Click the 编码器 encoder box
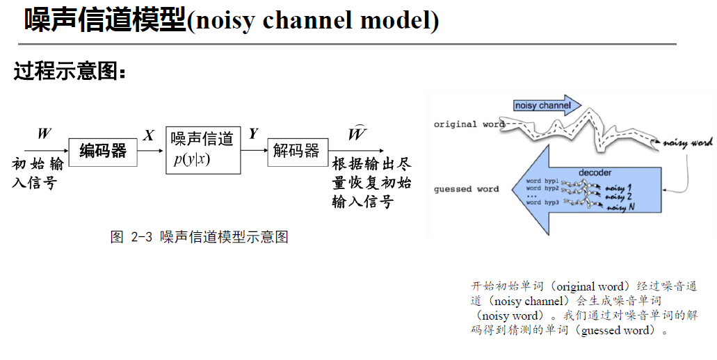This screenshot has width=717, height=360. [x=102, y=151]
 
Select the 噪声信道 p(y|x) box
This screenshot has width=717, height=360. [x=203, y=150]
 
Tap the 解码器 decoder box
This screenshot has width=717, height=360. [x=297, y=151]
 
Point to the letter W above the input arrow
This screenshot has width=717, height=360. [x=44, y=133]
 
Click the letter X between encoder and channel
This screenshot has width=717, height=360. [x=149, y=136]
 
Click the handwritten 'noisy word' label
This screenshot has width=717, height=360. [x=688, y=142]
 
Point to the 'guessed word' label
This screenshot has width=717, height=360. [x=466, y=189]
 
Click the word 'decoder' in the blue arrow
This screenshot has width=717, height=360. [x=595, y=172]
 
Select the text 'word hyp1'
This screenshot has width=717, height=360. [x=542, y=181]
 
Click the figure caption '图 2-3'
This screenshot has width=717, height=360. [x=131, y=237]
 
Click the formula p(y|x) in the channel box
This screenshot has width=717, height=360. [x=192, y=160]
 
